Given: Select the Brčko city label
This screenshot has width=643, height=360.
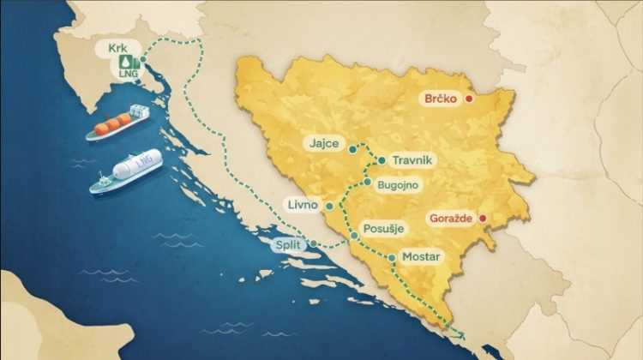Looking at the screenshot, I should [x=443, y=99].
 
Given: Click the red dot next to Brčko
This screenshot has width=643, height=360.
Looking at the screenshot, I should [x=469, y=99].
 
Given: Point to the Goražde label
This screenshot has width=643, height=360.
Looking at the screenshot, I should [x=453, y=219].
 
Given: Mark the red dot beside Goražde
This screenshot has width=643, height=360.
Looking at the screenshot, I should [x=482, y=219].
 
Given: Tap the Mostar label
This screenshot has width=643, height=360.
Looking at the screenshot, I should [x=420, y=256].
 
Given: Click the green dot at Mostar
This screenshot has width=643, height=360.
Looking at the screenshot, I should [x=392, y=257].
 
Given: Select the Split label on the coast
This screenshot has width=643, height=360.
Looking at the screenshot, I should [x=288, y=245].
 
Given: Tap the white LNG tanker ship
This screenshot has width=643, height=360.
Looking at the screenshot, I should [x=121, y=174].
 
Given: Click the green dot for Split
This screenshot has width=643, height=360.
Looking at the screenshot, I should [x=314, y=245].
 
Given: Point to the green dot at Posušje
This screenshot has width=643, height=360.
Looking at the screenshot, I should [x=353, y=234].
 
